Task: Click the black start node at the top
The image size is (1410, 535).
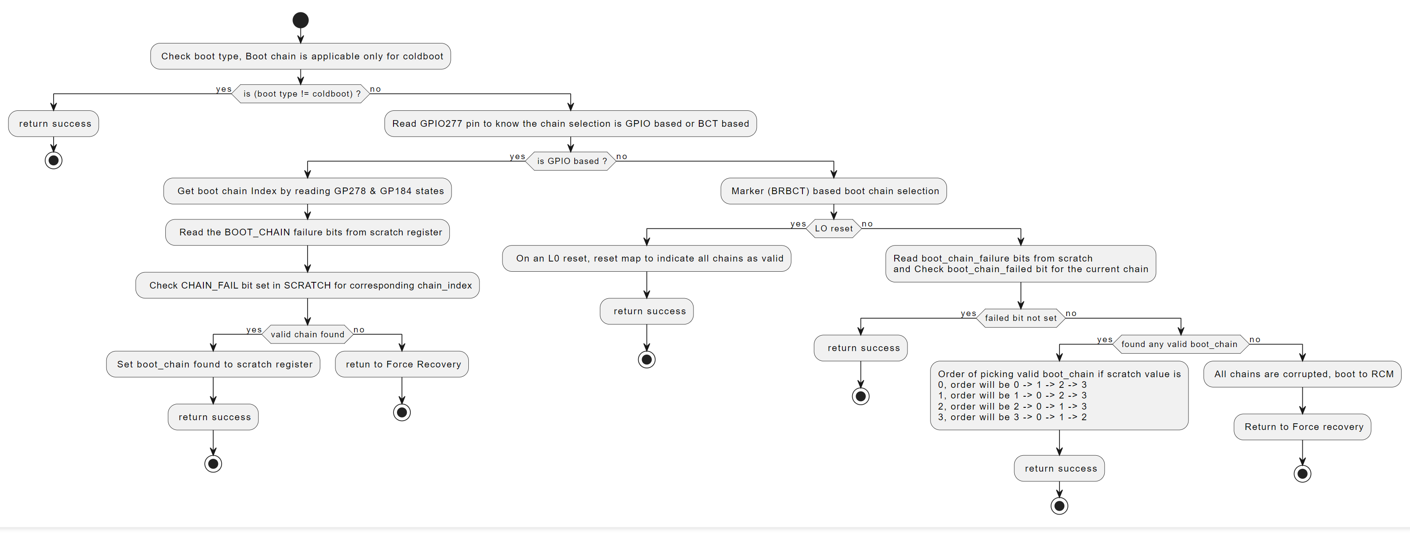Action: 300,20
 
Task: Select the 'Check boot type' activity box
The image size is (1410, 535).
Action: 300,56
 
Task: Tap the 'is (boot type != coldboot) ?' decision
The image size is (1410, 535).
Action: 300,94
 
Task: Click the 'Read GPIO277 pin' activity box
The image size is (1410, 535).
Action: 570,124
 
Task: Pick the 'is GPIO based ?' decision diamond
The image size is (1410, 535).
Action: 570,161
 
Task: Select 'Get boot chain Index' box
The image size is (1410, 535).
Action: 308,191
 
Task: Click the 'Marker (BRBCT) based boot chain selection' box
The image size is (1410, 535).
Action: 833,191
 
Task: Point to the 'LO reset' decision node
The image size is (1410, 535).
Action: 833,228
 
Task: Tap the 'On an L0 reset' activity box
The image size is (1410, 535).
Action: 647,258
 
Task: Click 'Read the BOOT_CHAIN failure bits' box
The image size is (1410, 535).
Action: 308,232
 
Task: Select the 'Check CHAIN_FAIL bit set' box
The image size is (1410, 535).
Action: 308,285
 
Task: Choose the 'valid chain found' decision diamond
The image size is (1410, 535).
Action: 308,334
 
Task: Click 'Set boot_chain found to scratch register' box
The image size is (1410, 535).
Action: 213,364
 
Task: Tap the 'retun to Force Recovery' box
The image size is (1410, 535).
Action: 402,364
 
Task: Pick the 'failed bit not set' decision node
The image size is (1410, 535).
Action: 1020,318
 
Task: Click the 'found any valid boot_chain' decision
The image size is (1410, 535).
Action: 1180,344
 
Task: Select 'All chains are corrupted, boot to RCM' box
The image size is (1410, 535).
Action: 1302,374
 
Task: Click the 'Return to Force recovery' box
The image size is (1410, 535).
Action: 1302,426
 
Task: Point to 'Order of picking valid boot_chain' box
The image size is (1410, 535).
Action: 1059,395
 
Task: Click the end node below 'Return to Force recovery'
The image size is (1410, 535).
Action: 1302,474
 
